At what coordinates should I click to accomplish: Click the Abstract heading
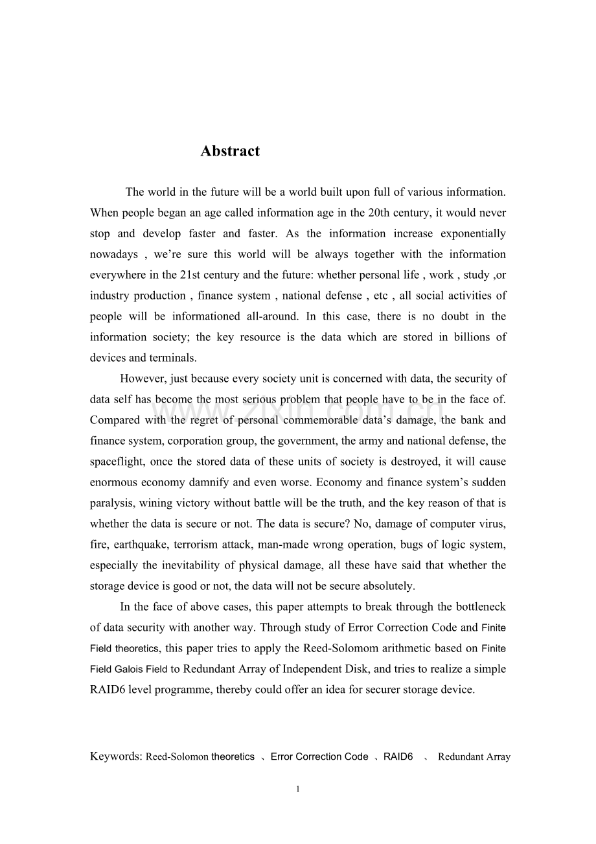pos(230,151)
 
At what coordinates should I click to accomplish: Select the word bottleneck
pos(477,607)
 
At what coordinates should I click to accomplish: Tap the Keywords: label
pos(116,756)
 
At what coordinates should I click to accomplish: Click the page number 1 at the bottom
pos(297,789)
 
